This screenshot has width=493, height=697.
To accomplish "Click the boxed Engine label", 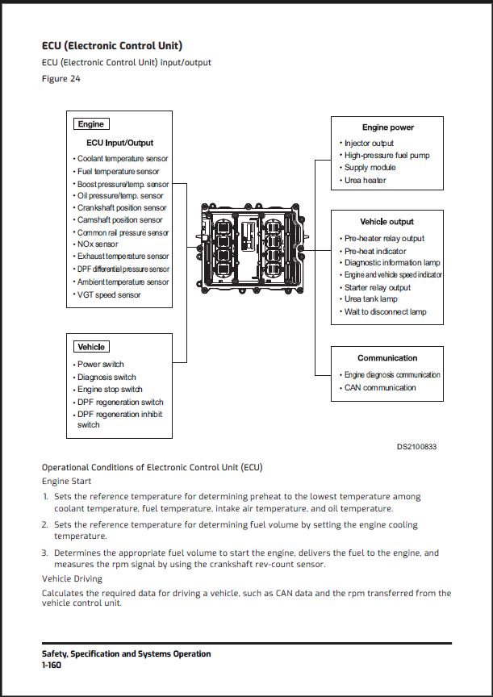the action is point(91,124).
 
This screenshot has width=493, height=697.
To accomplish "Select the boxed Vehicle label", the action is point(91,347).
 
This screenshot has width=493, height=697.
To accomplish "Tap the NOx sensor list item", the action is point(98,244).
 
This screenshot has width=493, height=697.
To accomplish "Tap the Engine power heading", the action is point(387,127).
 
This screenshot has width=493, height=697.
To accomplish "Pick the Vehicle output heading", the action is point(386,221).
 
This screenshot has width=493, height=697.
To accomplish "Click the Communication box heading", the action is point(387,358).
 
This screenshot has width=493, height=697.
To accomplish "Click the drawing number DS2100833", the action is point(416,447).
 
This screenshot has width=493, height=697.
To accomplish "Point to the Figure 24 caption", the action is point(61,79).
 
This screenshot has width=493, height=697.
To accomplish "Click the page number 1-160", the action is point(52,666).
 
